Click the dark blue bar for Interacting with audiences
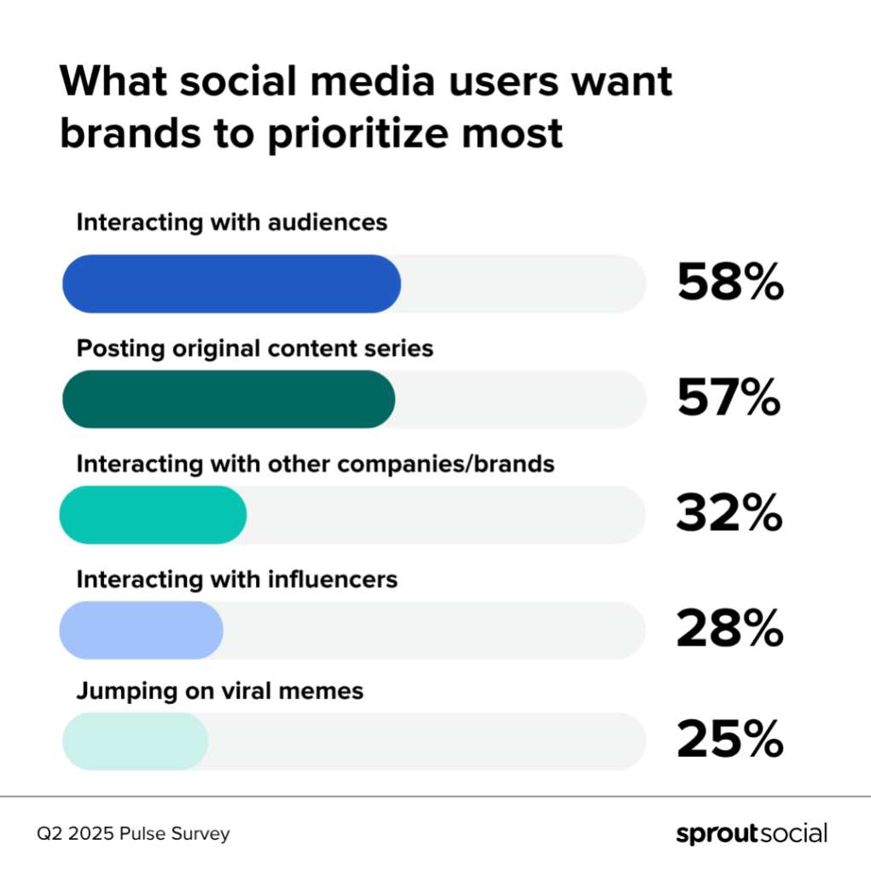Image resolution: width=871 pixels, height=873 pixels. click(231, 283)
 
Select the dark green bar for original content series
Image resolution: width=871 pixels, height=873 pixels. click(229, 399)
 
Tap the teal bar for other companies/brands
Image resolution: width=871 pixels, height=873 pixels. click(153, 515)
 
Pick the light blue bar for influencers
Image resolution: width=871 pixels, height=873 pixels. click(141, 630)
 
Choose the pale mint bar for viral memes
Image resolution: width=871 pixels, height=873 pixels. click(135, 741)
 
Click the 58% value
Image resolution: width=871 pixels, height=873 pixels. click(729, 283)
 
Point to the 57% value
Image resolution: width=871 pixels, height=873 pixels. click(729, 399)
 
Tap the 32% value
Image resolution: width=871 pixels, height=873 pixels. click(729, 515)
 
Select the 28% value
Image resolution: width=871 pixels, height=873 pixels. click(729, 630)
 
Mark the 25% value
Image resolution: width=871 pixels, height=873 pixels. click(729, 741)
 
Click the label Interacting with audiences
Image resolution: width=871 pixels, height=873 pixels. click(232, 224)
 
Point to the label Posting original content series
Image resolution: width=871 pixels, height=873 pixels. click(255, 349)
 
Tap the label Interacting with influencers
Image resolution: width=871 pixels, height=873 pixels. click(237, 580)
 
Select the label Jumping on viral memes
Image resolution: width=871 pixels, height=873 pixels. click(220, 690)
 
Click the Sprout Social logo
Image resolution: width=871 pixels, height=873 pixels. click(751, 833)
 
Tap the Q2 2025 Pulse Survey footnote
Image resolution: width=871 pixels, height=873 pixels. click(133, 834)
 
